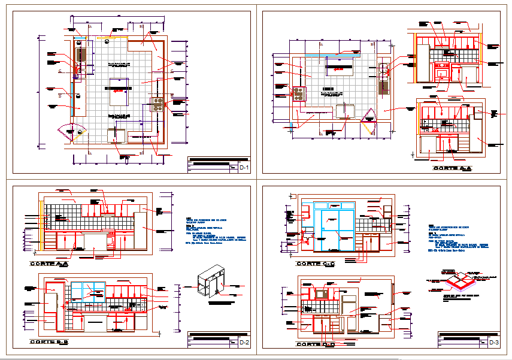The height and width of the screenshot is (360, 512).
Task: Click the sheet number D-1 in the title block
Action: (x=244, y=168)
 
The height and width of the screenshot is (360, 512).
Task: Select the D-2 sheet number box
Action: (x=244, y=343)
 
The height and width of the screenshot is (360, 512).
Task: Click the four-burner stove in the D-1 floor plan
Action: (x=158, y=104)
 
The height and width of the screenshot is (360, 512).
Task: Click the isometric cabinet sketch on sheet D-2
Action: (x=213, y=281)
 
